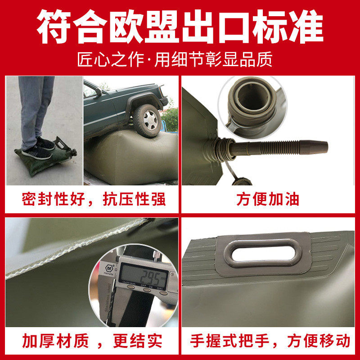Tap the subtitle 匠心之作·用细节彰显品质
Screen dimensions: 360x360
coord(180,59)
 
